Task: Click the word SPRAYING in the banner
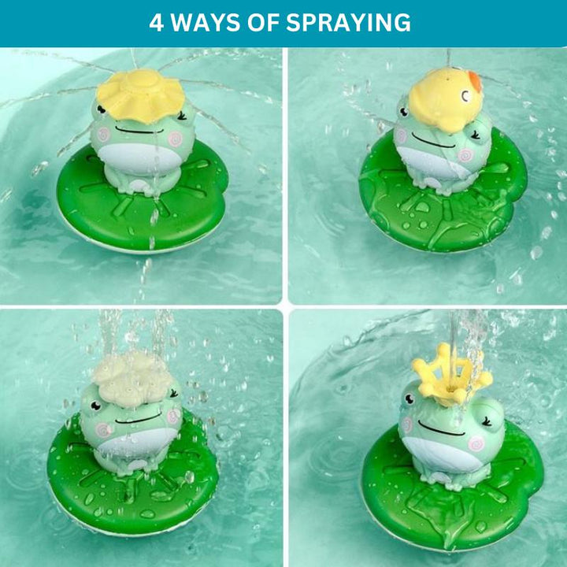pyautogui.click(x=348, y=22)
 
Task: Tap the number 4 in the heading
pyautogui.click(x=156, y=22)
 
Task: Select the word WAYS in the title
pyautogui.click(x=205, y=22)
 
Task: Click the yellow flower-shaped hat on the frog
pyautogui.click(x=140, y=94)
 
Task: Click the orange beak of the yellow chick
pyautogui.click(x=475, y=81)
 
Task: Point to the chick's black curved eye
pyautogui.click(x=465, y=96)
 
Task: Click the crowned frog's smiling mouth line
pyautogui.click(x=439, y=429)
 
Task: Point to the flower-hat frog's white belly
pyautogui.click(x=140, y=159)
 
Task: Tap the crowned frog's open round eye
pyautogui.click(x=409, y=398)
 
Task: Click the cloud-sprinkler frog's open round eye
pyautogui.click(x=95, y=406)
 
